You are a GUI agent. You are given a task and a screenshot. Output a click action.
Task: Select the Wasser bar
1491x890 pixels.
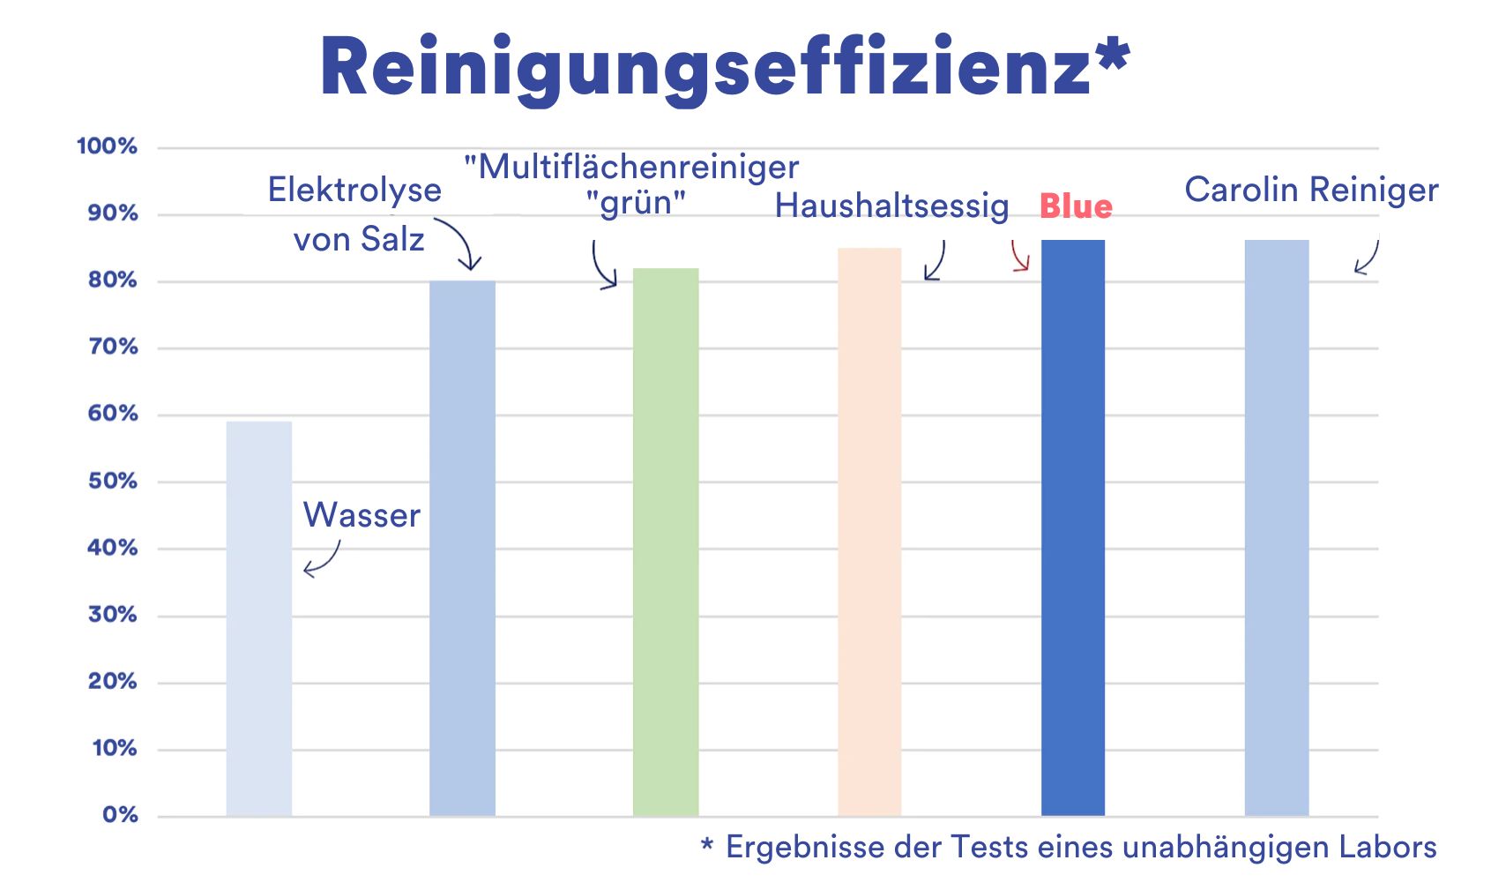pyautogui.click(x=258, y=617)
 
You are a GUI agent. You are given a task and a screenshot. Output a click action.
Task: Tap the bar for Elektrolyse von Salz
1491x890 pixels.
pyautogui.click(x=462, y=547)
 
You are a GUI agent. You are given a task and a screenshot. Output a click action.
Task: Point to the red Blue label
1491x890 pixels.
pyautogui.click(x=1076, y=206)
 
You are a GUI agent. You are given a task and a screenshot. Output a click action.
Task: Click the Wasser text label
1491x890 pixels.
pyautogui.click(x=362, y=515)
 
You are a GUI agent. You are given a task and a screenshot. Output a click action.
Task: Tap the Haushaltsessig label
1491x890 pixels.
pyautogui.click(x=891, y=206)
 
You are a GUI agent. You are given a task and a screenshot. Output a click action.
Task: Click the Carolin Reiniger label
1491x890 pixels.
pyautogui.click(x=1311, y=190)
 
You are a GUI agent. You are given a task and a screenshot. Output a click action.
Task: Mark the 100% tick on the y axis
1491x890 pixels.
pyautogui.click(x=108, y=146)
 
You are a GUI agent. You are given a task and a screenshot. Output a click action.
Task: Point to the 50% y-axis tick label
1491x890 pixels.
pyautogui.click(x=113, y=482)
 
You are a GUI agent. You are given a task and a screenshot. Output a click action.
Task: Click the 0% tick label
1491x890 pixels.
pyautogui.click(x=120, y=815)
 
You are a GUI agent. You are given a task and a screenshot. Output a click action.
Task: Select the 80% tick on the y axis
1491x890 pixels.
pyautogui.click(x=113, y=280)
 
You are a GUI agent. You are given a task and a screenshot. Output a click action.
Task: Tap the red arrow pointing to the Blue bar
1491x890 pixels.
pyautogui.click(x=1020, y=256)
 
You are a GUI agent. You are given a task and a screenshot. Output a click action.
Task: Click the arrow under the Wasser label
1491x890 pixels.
pyautogui.click(x=322, y=560)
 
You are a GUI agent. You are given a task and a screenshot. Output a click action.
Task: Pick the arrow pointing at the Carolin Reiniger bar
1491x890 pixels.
pyautogui.click(x=1367, y=258)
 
